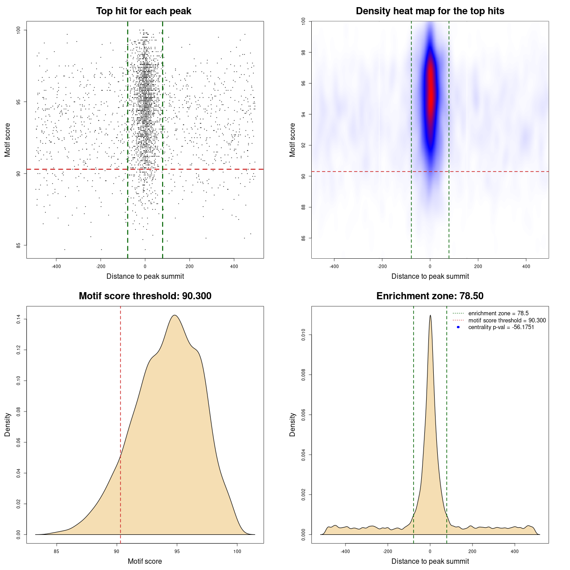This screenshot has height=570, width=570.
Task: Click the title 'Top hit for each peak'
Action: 144,11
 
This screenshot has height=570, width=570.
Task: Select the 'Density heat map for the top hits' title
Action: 430,11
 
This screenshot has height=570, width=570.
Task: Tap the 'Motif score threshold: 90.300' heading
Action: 145,296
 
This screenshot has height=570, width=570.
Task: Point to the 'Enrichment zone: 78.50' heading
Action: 430,296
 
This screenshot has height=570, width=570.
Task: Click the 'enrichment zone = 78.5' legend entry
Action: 498,313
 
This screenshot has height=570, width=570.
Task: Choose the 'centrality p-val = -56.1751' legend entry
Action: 501,327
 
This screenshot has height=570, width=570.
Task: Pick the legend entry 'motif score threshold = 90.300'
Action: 507,321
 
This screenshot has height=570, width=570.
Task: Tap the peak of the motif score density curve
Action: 175,315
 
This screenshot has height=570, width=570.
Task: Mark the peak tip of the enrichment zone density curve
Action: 430,315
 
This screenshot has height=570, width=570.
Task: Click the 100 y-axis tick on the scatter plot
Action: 19,30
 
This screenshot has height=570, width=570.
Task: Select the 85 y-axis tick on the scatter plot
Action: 19,245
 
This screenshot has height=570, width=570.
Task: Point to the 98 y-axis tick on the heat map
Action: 304,53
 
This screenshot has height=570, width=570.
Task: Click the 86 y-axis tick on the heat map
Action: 304,238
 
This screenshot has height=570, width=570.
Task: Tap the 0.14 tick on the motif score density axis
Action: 19,319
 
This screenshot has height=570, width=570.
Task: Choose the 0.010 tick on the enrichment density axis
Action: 304,335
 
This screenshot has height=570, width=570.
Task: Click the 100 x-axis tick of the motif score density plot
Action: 237,551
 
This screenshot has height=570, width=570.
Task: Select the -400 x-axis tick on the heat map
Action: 334,266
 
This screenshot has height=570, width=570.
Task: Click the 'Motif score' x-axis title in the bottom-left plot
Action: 145,561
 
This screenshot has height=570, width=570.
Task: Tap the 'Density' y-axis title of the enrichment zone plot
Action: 293,424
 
